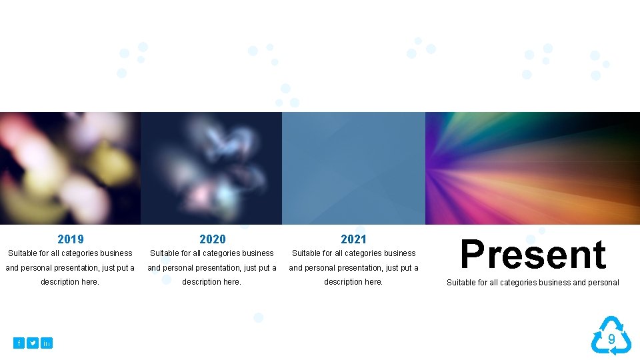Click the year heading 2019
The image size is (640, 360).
[71, 239]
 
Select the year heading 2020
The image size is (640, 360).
[213, 239]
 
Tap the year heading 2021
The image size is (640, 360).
[353, 239]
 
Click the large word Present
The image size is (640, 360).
[533, 255]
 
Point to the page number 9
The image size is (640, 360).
[611, 339]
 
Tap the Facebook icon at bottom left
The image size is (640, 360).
[19, 343]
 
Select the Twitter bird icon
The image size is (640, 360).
[33, 343]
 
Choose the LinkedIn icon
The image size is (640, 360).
[46, 343]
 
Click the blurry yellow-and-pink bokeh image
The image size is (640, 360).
[70, 168]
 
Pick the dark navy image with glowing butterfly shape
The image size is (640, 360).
[211, 168]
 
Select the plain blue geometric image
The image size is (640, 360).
[353, 168]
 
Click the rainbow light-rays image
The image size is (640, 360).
[533, 168]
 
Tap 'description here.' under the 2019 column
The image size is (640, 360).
[70, 282]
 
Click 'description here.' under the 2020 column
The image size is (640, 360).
[212, 282]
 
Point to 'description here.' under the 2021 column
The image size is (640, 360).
[353, 282]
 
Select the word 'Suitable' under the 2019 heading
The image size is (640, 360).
[23, 253]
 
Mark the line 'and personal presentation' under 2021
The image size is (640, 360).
[353, 268]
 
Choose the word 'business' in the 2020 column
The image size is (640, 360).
[258, 253]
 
